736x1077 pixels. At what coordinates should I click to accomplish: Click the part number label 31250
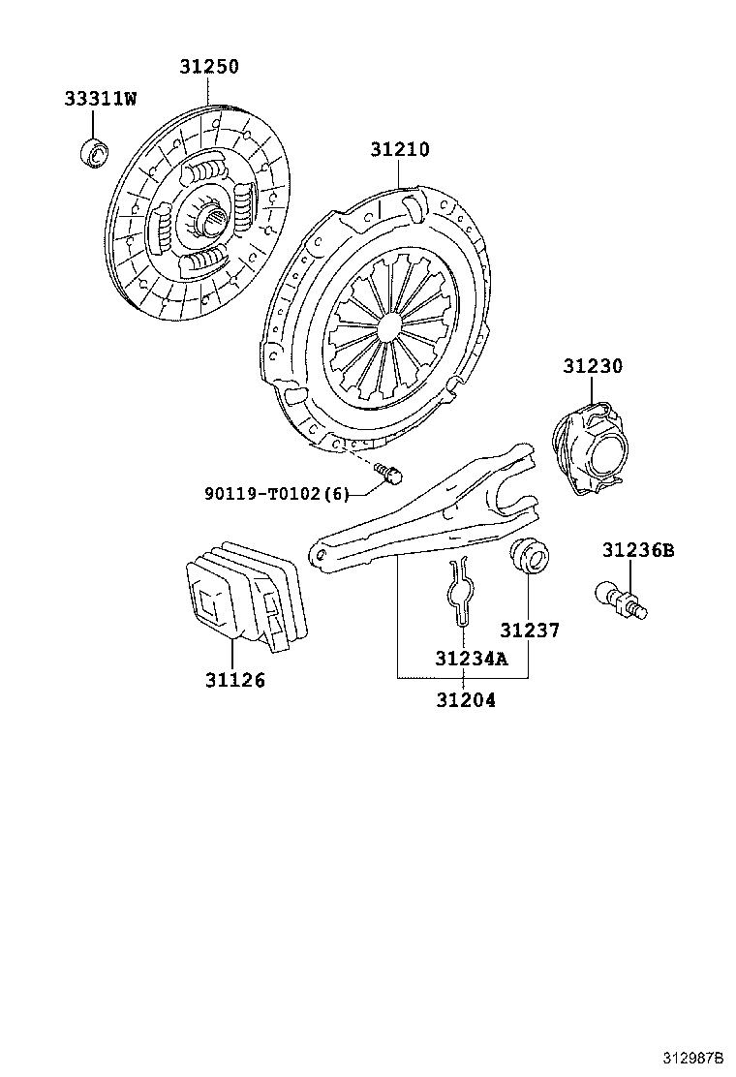(208, 67)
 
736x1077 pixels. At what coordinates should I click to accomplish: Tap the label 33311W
(101, 99)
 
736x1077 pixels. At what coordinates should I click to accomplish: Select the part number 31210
(399, 150)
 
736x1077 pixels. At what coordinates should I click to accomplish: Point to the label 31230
(593, 367)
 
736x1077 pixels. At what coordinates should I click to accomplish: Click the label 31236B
(637, 550)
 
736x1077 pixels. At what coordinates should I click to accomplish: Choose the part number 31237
(530, 631)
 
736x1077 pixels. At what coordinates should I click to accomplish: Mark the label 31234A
(470, 659)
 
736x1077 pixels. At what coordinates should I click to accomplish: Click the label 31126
(234, 680)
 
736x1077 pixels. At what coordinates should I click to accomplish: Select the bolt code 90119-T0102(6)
(276, 493)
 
